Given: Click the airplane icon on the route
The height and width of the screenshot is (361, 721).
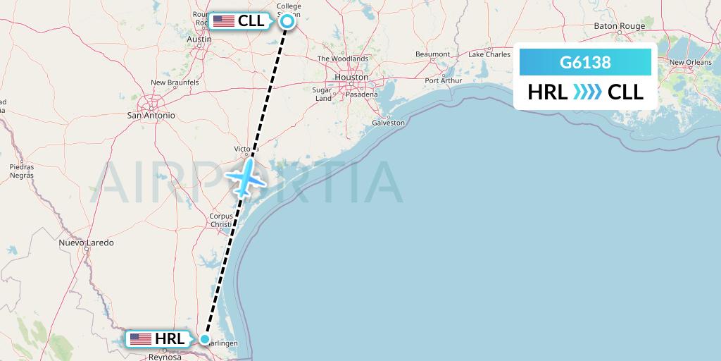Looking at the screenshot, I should pyautogui.click(x=244, y=178).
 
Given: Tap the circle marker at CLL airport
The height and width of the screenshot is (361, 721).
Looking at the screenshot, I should pyautogui.click(x=287, y=21).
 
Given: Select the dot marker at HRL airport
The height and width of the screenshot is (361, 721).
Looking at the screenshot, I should pyautogui.click(x=204, y=339).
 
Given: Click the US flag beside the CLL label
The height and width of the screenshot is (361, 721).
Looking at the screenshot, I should pyautogui.click(x=224, y=21).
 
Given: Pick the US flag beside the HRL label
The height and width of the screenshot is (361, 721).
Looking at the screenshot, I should pyautogui.click(x=141, y=339).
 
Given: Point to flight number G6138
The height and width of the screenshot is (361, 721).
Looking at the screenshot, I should pyautogui.click(x=585, y=63).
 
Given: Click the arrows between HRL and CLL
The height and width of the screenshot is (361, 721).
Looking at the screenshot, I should pyautogui.click(x=587, y=92).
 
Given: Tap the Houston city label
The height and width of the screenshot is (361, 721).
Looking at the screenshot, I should pyautogui.click(x=351, y=77).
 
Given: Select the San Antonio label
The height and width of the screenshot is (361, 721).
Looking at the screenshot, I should pyautogui.click(x=151, y=115).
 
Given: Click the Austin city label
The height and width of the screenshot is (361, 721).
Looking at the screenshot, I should pyautogui.click(x=199, y=39).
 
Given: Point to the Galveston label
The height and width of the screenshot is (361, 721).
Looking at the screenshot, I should pyautogui.click(x=388, y=123).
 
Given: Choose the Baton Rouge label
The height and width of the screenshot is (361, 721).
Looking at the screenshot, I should pyautogui.click(x=619, y=26).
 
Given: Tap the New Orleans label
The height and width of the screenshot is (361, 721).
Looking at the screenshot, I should pyautogui.click(x=690, y=62).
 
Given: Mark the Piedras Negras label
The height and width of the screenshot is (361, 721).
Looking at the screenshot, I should pyautogui.click(x=21, y=171).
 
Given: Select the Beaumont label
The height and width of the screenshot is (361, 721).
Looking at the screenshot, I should pyautogui.click(x=432, y=54).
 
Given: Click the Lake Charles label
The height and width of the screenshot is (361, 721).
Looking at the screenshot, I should pyautogui.click(x=489, y=54).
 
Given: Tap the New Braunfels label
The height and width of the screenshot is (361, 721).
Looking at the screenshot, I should pyautogui.click(x=175, y=82).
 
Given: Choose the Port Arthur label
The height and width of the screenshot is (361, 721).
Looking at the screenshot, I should pyautogui.click(x=443, y=80).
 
